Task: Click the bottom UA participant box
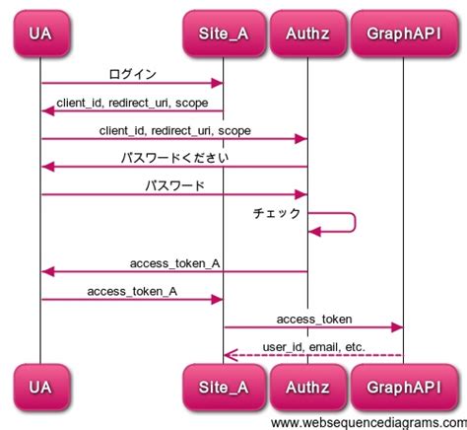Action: [40, 387]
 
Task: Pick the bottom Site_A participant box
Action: [223, 387]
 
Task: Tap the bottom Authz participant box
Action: [307, 387]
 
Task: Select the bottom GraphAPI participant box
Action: [403, 387]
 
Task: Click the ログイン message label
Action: [132, 74]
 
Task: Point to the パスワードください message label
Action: [174, 157]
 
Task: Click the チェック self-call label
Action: [277, 213]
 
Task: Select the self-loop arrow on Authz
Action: [353, 222]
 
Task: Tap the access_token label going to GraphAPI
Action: [313, 319]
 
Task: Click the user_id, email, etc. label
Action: [313, 346]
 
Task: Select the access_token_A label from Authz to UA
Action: [174, 263]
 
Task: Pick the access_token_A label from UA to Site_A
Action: [132, 291]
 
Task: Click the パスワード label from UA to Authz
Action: [174, 184]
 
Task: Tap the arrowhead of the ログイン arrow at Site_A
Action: [218, 84]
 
